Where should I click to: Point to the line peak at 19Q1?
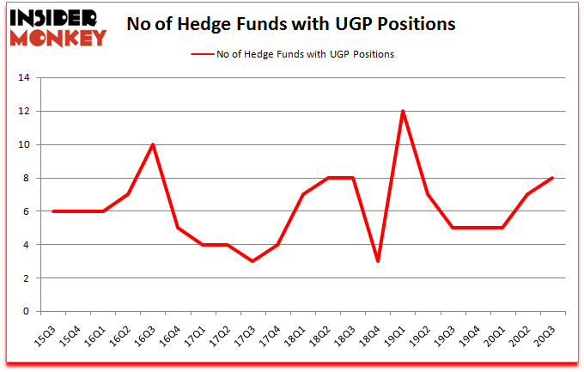(x=402, y=112)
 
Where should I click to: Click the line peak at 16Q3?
(x=153, y=145)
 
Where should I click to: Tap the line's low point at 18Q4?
(x=378, y=261)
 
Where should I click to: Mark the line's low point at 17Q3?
(x=252, y=261)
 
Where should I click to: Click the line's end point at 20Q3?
(x=552, y=178)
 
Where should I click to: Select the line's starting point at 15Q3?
(x=53, y=211)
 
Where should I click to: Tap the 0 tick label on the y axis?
(x=27, y=312)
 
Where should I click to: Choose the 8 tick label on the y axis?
(x=27, y=179)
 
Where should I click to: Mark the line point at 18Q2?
(x=328, y=178)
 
